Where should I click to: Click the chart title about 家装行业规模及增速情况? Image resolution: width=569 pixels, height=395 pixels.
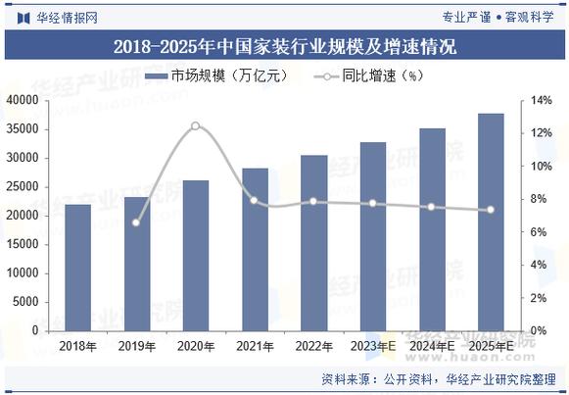[284, 46]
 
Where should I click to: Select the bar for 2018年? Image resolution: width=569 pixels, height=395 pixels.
[77, 267]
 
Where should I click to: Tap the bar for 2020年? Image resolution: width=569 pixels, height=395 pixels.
[195, 255]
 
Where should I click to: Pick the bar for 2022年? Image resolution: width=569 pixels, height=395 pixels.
[313, 242]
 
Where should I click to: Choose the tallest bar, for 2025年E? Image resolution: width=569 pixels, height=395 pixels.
[490, 222]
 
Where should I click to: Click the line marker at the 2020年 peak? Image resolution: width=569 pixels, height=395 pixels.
[195, 125]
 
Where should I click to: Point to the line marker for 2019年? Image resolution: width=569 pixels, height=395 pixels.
[136, 222]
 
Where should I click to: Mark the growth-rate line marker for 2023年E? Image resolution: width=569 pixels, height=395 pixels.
[372, 203]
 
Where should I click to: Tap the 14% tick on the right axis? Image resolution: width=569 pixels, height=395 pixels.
[543, 100]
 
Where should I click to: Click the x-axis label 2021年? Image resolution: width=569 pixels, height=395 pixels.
[254, 345]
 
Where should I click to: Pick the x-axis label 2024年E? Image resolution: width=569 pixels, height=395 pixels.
[431, 345]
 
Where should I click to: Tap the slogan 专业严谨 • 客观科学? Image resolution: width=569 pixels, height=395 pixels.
[499, 17]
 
